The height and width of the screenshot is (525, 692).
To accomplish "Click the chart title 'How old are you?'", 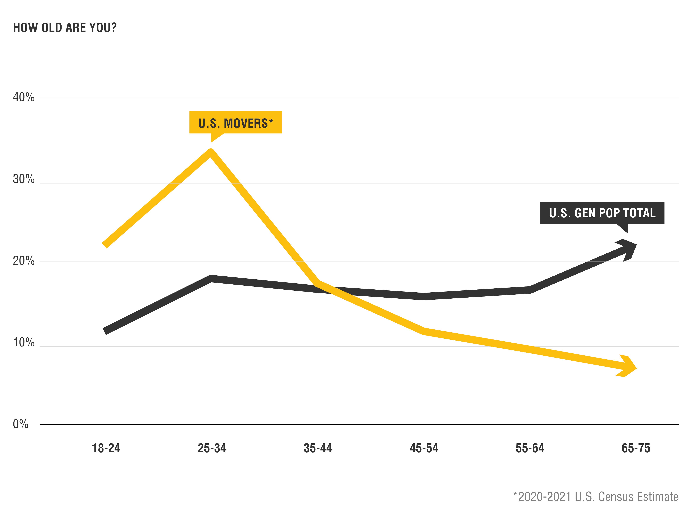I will pyautogui.click(x=65, y=28).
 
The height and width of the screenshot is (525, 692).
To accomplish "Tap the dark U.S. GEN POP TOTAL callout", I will pyautogui.click(x=602, y=213).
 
